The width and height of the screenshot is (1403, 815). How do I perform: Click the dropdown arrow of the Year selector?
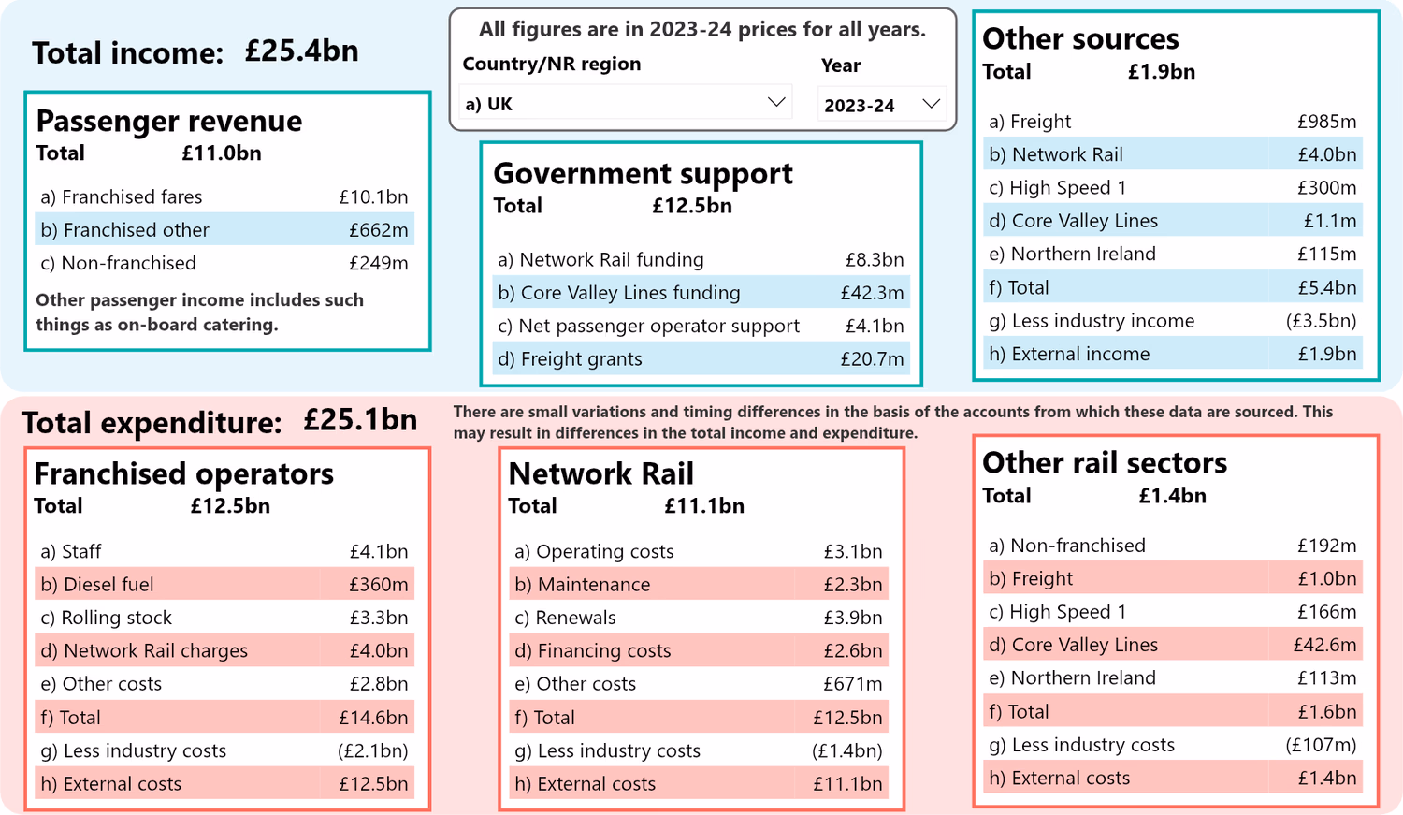click(x=931, y=104)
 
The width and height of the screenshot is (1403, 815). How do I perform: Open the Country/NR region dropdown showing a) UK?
click(x=625, y=104)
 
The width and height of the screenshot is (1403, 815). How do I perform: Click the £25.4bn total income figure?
click(x=301, y=51)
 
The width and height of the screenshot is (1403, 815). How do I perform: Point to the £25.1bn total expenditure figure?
click(x=360, y=420)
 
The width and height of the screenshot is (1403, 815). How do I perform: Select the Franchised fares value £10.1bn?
click(x=373, y=197)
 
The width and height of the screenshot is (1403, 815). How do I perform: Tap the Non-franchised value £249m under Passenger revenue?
click(x=378, y=264)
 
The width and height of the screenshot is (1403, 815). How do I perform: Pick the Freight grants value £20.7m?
click(x=871, y=359)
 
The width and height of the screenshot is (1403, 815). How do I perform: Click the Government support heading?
click(x=643, y=173)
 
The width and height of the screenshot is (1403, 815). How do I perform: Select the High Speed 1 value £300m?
click(x=1325, y=188)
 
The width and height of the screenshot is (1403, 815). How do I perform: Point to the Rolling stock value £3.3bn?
click(x=378, y=619)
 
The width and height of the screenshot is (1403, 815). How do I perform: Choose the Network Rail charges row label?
click(x=154, y=651)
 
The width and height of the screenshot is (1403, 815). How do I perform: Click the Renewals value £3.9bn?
click(x=852, y=619)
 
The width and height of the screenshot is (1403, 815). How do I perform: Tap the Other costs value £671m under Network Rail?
click(x=852, y=684)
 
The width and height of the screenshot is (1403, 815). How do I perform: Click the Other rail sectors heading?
click(x=1104, y=462)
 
